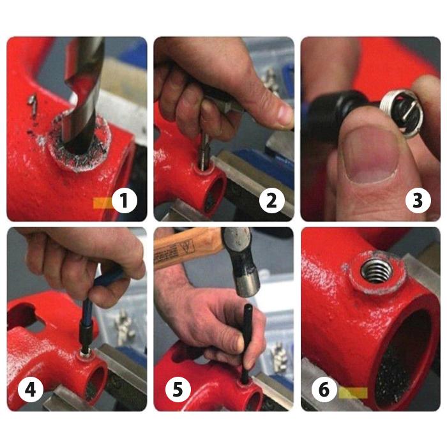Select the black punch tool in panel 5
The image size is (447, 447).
click(x=246, y=342)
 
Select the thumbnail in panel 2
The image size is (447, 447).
click(x=278, y=115)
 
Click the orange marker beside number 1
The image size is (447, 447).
click(x=102, y=203)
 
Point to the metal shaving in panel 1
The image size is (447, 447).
click(x=32, y=102)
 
